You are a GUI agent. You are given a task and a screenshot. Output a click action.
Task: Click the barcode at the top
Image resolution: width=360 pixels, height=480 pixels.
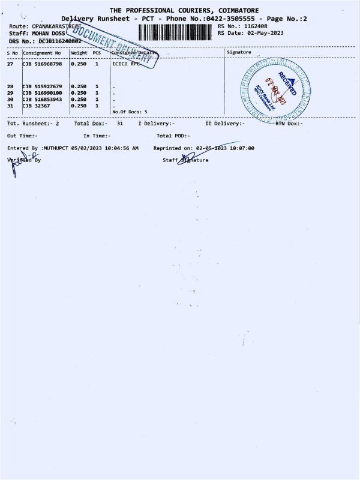tap(175, 32)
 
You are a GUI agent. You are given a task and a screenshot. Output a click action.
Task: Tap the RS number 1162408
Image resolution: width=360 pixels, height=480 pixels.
tap(254, 26)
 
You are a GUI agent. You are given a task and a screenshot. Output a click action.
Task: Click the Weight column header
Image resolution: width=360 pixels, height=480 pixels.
tap(79, 53)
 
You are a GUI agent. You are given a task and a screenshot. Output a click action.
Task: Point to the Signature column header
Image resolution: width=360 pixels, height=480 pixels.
tap(239, 53)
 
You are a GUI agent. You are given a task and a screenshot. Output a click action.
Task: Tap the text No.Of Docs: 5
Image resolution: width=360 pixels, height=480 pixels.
tap(130, 112)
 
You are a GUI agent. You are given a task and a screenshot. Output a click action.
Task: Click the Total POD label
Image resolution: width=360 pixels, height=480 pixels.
tap(172, 136)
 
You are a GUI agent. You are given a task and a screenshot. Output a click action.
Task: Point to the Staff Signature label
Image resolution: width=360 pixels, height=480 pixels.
tap(186, 160)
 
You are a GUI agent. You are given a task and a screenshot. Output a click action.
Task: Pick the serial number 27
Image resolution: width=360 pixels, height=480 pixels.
tap(10, 63)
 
